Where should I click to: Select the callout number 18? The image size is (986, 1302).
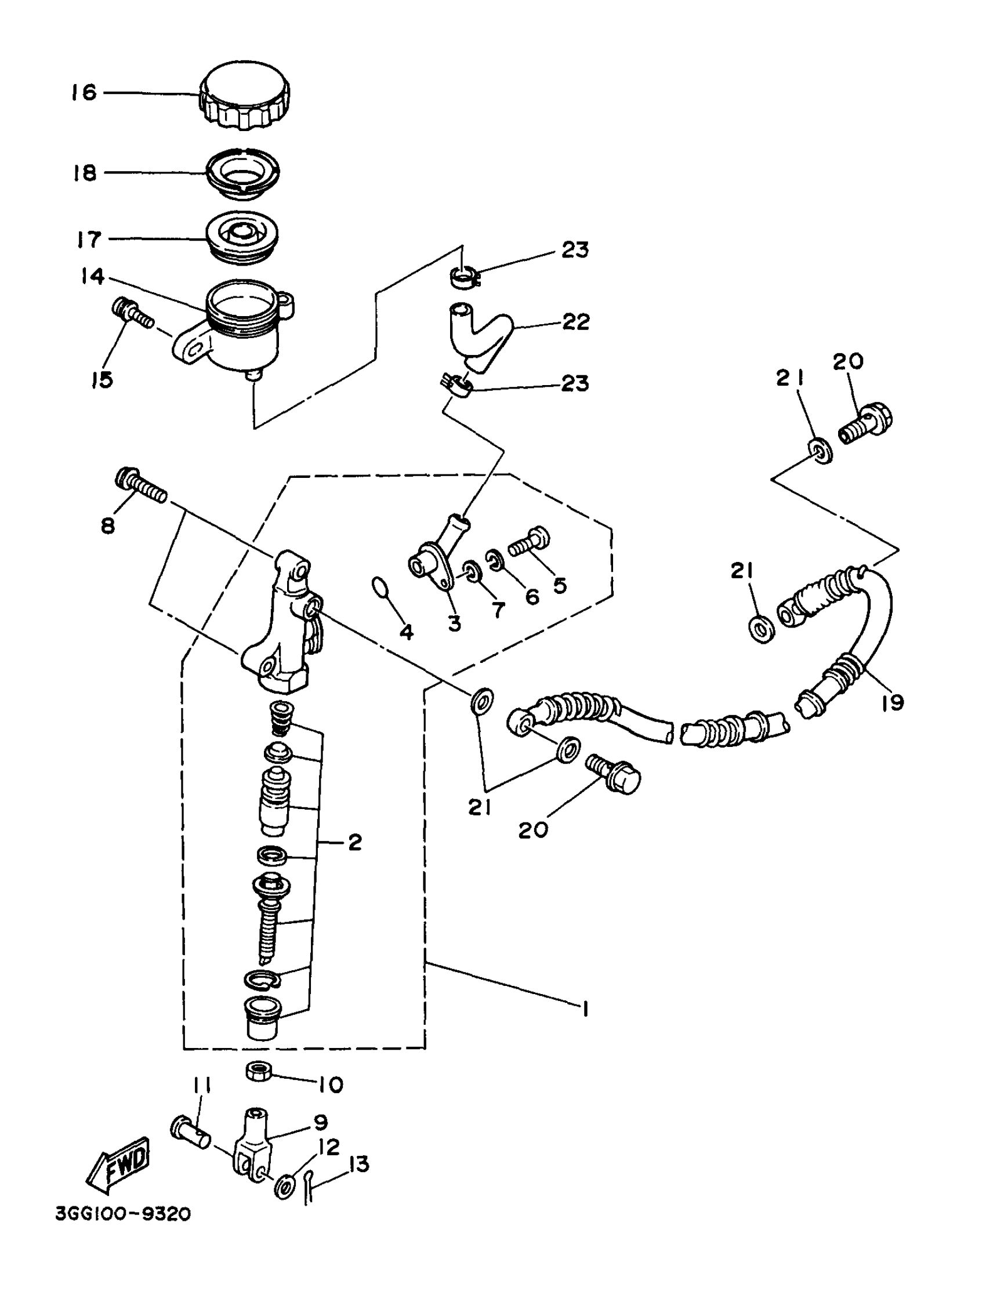[x=85, y=173]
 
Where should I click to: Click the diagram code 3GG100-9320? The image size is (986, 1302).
[x=123, y=1214]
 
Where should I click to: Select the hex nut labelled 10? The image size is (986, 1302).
[x=258, y=1071]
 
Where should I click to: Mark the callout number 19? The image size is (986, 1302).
[x=893, y=702]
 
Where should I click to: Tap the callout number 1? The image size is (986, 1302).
[x=585, y=1010]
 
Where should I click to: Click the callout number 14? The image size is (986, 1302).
[x=92, y=275]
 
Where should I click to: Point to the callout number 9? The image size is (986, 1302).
[x=321, y=1122]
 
